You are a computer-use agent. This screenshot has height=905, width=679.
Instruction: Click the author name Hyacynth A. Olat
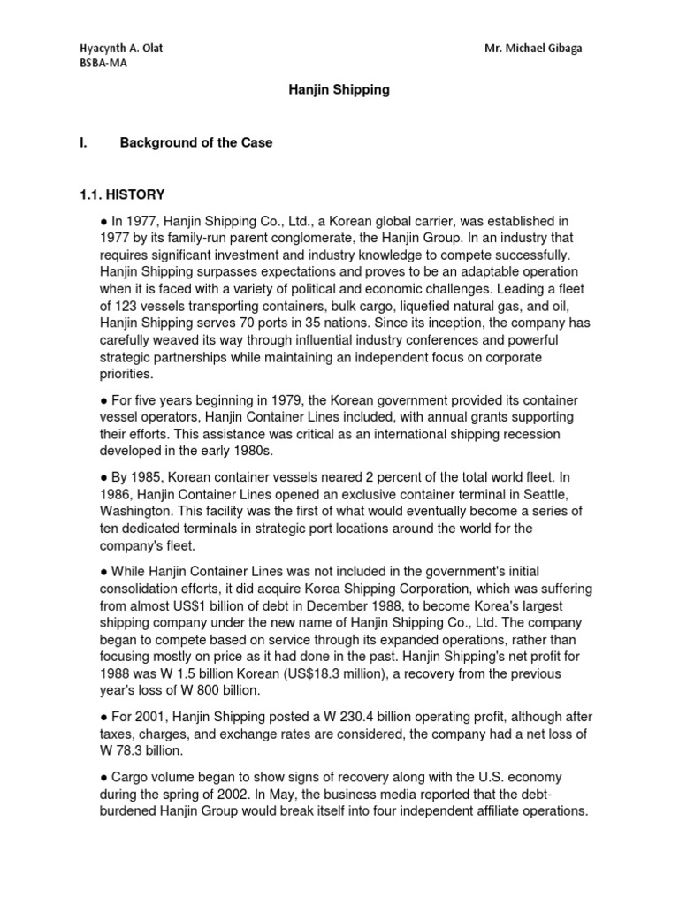(121, 48)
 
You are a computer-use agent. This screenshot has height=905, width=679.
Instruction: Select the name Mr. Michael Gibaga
(534, 48)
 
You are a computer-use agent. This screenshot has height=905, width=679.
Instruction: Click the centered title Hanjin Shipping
(340, 90)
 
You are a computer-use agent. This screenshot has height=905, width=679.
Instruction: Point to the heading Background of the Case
(196, 142)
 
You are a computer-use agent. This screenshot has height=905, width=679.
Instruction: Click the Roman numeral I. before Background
(83, 142)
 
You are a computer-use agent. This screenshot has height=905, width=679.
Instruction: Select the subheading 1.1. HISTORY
(122, 194)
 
